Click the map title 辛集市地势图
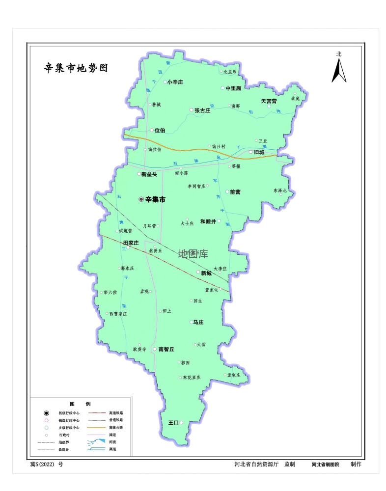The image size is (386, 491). pos(76,68)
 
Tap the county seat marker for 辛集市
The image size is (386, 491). pos(141,199)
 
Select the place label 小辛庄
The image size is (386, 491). pos(175,82)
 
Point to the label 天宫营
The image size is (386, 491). pos(269,101)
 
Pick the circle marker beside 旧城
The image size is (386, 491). pos(251,152)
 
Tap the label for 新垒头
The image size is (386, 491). pos(149,174)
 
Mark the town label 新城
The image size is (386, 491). pos(205,273)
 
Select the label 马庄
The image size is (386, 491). pos(198,322)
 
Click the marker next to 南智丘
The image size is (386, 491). pos(155,349)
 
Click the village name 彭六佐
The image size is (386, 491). pos(110,292)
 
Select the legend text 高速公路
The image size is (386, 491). pos(116,427)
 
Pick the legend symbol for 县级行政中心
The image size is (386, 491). pos(47,413)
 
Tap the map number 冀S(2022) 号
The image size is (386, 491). pos(47,464)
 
